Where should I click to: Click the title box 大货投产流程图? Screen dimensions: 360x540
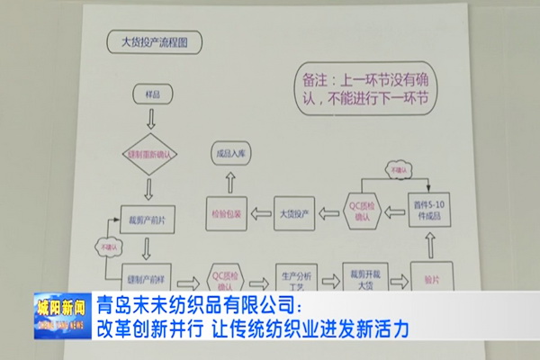click(x=154, y=41)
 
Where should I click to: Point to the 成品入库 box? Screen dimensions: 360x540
click(x=230, y=155)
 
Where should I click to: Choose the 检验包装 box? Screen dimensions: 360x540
click(x=227, y=213)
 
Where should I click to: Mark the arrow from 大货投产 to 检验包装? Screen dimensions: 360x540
click(x=261, y=213)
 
